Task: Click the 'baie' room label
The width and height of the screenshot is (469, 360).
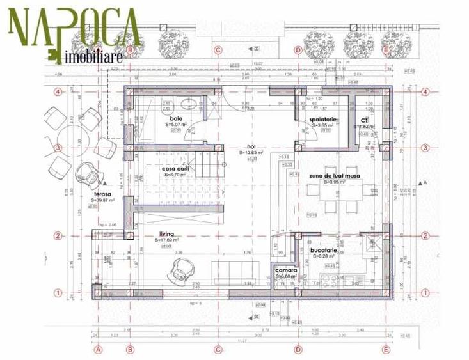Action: coord(175,118)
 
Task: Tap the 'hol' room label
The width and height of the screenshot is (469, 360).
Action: coord(251,146)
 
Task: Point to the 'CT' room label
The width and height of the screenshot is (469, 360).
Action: coord(364,120)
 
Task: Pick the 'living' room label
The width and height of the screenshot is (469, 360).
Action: coord(166,235)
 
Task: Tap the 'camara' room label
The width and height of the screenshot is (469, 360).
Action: coord(285,270)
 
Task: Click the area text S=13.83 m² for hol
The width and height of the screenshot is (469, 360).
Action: coord(251,153)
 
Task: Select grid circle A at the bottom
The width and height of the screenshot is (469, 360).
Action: coord(99,350)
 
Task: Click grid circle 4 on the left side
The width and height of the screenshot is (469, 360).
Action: coord(58,91)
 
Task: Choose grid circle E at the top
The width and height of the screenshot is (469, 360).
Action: coord(385,50)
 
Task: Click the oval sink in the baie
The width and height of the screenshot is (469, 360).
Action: coord(187,106)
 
